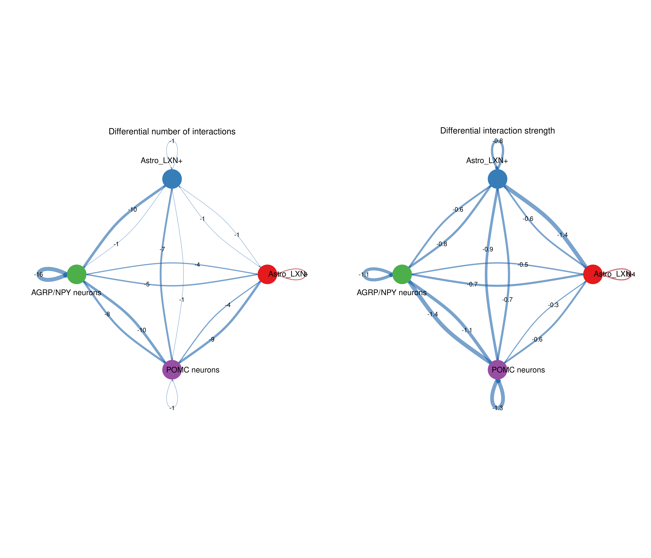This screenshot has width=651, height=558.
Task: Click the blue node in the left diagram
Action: pyautogui.click(x=172, y=179)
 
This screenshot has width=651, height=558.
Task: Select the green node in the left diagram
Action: pyautogui.click(x=77, y=274)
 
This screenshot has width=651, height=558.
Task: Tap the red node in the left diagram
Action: pyautogui.click(x=267, y=274)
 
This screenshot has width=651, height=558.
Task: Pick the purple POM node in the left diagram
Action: pyautogui.click(x=172, y=370)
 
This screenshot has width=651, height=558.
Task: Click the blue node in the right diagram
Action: pyautogui.click(x=497, y=179)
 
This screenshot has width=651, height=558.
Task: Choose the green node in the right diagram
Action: pyautogui.click(x=402, y=274)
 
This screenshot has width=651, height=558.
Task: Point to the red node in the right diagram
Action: pyautogui.click(x=593, y=274)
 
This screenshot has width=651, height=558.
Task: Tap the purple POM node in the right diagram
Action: pyautogui.click(x=497, y=370)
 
